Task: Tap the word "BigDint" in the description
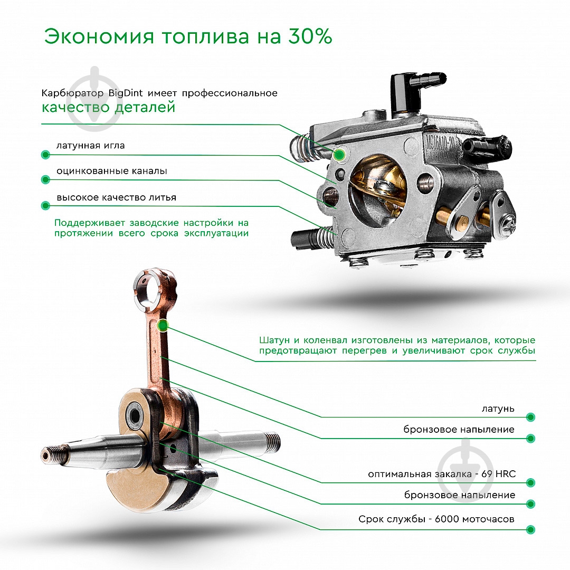126,93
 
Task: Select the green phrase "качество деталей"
108,108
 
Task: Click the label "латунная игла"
91,146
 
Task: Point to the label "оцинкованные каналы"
112,172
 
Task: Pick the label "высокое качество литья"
116,197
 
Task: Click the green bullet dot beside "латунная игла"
45,155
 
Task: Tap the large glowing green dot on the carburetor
340,154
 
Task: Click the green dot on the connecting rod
163,326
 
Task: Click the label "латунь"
498,409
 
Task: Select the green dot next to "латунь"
530,417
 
